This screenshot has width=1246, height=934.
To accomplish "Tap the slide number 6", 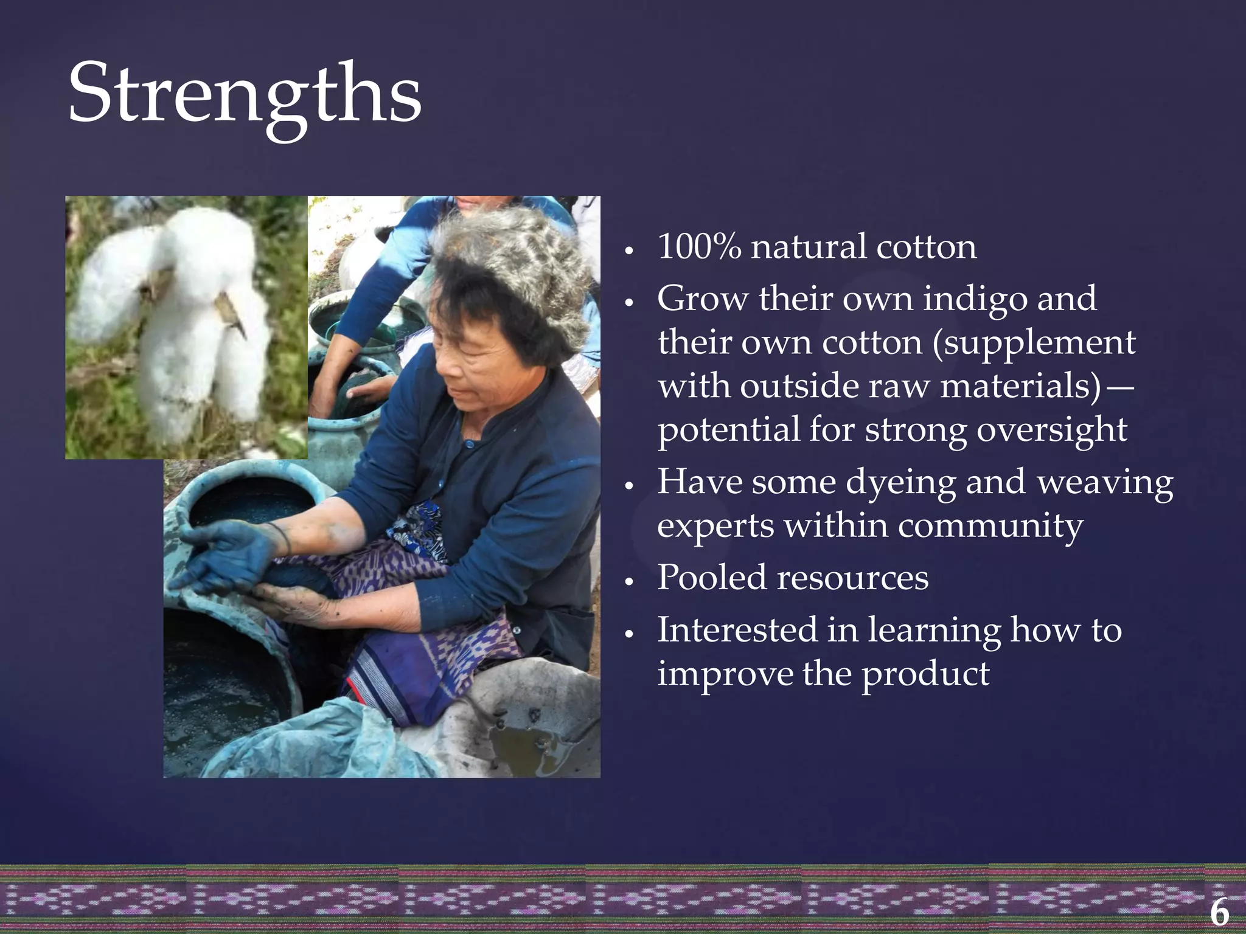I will pyautogui.click(x=1219, y=912).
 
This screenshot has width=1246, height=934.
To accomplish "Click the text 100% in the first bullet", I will pyautogui.click(x=699, y=247).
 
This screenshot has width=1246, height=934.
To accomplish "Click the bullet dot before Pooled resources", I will pyautogui.click(x=630, y=582).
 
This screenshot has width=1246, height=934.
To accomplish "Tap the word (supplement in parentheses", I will pyautogui.click(x=1034, y=343).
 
